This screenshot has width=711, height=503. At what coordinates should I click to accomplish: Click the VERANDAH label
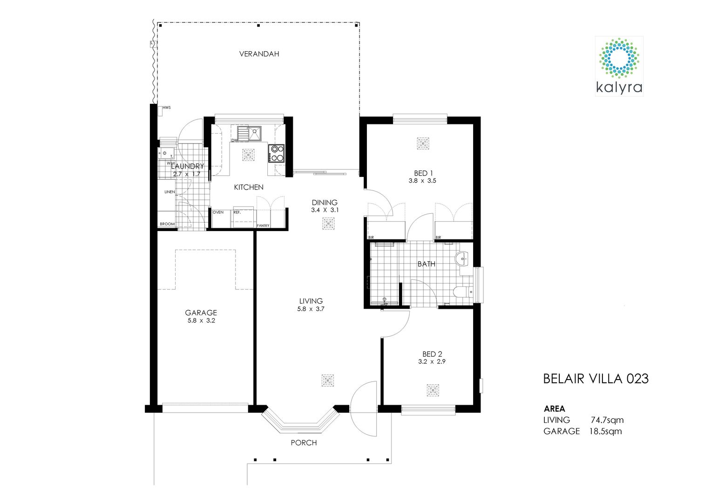tap(259, 54)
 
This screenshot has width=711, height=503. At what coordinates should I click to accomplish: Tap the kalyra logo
tap(619, 66)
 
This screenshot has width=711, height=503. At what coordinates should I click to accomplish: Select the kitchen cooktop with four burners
tap(276, 154)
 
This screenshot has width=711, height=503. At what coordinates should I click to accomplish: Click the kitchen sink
tap(249, 133)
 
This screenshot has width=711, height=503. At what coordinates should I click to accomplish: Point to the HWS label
tap(167, 108)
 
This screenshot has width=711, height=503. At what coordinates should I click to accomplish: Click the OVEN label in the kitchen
tap(218, 212)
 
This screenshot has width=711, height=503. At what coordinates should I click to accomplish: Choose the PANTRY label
tap(263, 225)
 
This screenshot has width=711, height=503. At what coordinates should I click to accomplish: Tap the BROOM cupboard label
tap(167, 224)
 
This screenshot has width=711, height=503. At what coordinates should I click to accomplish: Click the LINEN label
tap(169, 192)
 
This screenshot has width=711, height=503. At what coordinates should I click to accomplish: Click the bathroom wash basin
tap(464, 259)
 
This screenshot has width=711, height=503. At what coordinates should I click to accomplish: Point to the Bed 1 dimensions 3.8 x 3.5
tap(422, 181)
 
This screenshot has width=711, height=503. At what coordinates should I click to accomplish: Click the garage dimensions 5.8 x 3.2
tap(201, 321)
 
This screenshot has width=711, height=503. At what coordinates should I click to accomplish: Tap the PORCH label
tap(304, 442)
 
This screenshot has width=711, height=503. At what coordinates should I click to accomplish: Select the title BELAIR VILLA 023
tap(596, 379)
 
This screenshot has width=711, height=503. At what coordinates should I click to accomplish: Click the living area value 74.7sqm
tap(607, 420)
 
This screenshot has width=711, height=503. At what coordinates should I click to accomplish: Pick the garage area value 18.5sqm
tap(605, 431)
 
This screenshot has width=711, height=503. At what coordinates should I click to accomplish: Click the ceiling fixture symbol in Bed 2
tap(433, 390)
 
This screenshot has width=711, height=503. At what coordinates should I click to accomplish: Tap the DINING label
tap(325, 202)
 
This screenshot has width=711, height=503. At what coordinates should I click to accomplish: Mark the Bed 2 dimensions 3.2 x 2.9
tap(432, 361)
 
